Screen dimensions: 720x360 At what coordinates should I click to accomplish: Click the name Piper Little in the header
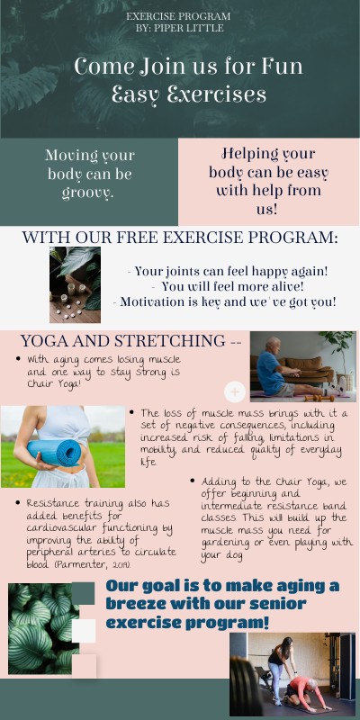[x=190, y=28]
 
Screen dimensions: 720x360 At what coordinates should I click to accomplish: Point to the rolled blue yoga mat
[x=55, y=451]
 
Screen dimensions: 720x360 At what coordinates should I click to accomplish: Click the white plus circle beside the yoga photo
[x=235, y=391]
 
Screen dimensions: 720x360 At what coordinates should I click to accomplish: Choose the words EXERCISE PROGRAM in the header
[x=178, y=16]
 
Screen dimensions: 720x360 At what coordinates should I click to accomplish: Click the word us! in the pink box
[x=268, y=208]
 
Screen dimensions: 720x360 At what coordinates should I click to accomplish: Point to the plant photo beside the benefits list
[x=75, y=284]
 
